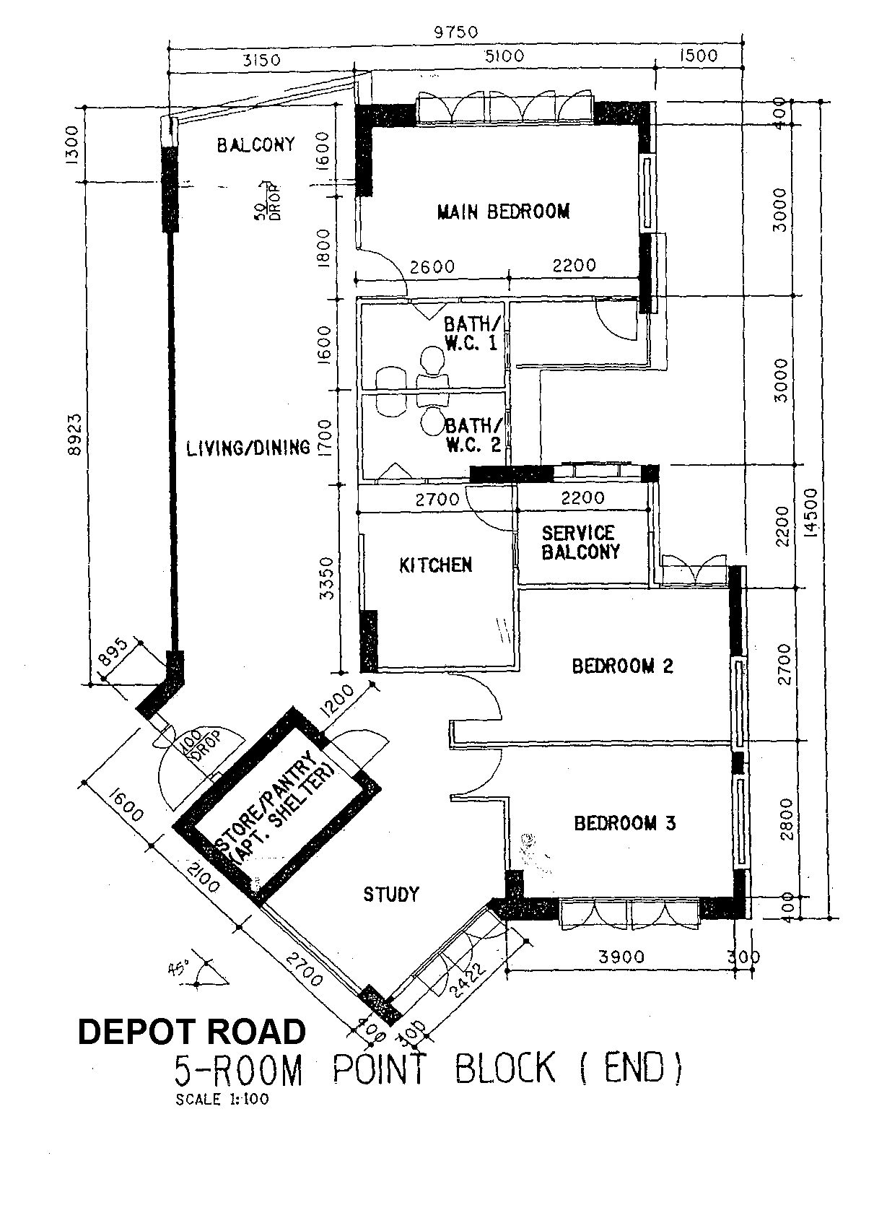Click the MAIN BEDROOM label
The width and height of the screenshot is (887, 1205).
[503, 212]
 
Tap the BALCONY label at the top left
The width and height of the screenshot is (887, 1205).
[256, 144]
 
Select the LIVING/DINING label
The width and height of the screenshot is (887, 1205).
[248, 448]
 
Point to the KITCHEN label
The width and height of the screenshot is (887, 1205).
[436, 565]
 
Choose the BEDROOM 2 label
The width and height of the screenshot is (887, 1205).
[622, 666]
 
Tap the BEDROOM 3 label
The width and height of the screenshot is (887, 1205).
[624, 823]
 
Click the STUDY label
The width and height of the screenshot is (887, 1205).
[391, 894]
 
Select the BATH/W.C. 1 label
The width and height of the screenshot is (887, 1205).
[472, 334]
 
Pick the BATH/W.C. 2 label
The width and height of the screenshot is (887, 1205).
[473, 435]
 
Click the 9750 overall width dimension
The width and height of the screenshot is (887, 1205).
[456, 32]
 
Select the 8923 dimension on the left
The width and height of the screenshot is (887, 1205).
[74, 434]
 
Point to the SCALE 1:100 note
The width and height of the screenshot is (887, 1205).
[222, 1099]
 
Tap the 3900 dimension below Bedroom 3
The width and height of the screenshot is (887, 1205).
[621, 957]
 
